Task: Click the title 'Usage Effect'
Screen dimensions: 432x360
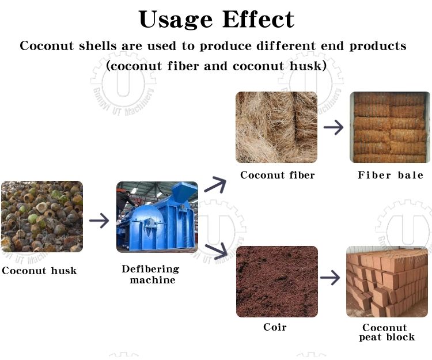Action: pyautogui.click(x=217, y=19)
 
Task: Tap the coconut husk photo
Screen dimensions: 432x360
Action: pyautogui.click(x=42, y=217)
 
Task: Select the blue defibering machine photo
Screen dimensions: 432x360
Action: pyautogui.click(x=157, y=217)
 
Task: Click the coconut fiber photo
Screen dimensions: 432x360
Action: pyautogui.click(x=276, y=127)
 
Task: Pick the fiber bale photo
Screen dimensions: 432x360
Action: pyautogui.click(x=390, y=127)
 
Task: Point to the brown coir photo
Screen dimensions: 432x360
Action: pyautogui.click(x=277, y=282)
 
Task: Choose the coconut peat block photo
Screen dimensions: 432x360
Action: pyautogui.click(x=387, y=282)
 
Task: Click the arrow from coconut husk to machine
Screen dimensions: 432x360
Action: pyautogui.click(x=99, y=221)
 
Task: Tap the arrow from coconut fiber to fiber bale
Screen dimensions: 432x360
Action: pyautogui.click(x=334, y=127)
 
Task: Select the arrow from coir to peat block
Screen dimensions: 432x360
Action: pyautogui.click(x=330, y=278)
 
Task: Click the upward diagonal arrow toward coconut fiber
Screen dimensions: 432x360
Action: pyautogui.click(x=215, y=184)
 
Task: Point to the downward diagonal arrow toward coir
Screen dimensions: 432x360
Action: pyautogui.click(x=216, y=251)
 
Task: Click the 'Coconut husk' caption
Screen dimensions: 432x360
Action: pyautogui.click(x=39, y=271)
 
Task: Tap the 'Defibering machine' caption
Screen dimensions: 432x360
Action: pyautogui.click(x=151, y=275)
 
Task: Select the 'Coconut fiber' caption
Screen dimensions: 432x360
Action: pyautogui.click(x=278, y=175)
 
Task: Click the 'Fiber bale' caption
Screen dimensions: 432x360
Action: pyautogui.click(x=391, y=175)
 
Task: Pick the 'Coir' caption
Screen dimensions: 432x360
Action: pyautogui.click(x=275, y=327)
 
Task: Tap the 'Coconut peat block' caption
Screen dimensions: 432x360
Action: pyautogui.click(x=387, y=332)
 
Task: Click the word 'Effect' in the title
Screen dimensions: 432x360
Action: pyautogui.click(x=259, y=19)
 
